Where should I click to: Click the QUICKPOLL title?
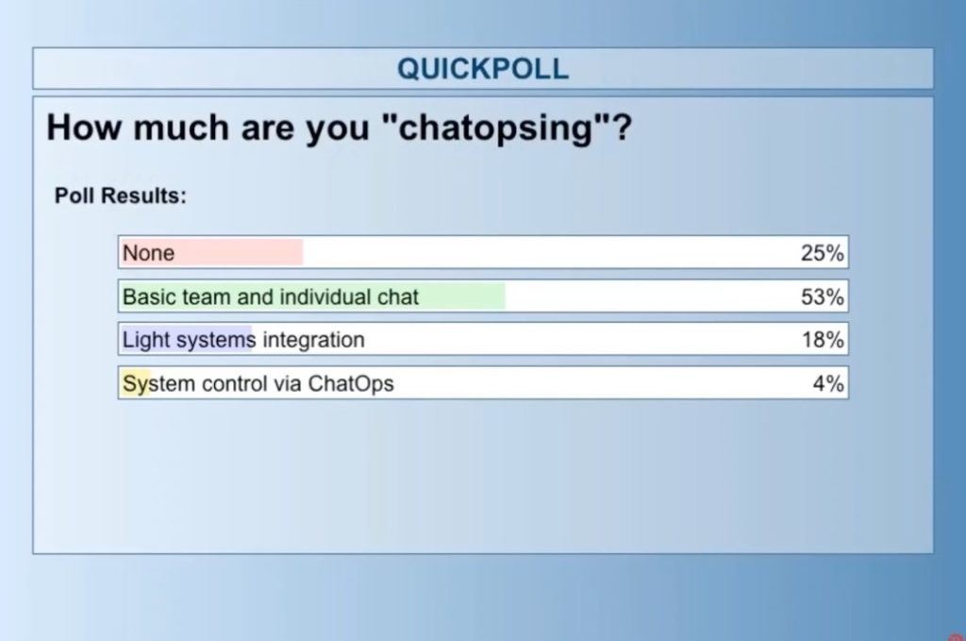pos(482,68)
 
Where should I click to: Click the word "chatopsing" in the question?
pos(495,128)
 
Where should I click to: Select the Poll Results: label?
pos(120,195)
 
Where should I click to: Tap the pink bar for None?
pos(211,253)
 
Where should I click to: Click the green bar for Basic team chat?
pos(312,296)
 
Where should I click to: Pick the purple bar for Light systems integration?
pos(186,340)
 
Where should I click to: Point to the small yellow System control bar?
pos(135,383)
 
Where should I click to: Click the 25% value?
pos(822,253)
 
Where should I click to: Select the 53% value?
pos(822,297)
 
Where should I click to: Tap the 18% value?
pos(823,340)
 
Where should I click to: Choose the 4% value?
pos(828,383)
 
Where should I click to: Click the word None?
pos(148,253)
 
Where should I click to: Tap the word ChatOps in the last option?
pos(351,383)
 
